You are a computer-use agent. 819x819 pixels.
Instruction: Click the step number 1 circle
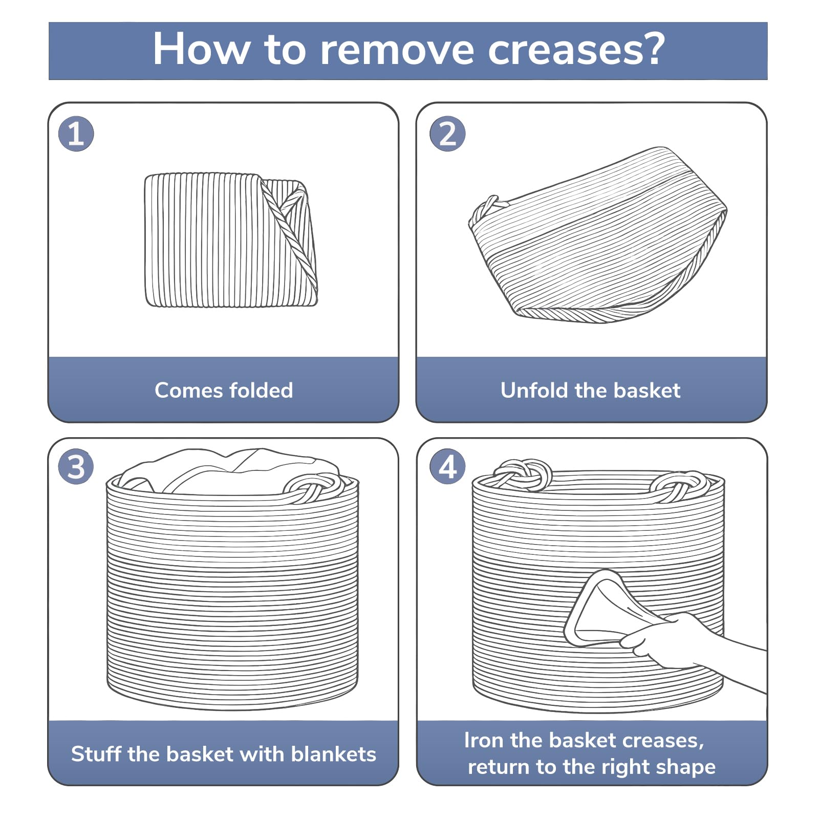point(76,134)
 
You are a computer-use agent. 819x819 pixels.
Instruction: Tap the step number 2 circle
point(447,134)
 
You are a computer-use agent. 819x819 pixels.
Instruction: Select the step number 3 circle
point(76,467)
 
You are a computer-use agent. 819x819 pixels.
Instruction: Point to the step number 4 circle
point(447,467)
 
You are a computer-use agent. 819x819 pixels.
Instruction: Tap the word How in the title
point(201,50)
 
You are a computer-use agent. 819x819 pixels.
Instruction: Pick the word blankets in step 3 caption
point(334,754)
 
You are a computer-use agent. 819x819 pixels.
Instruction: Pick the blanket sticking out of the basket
point(230,471)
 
